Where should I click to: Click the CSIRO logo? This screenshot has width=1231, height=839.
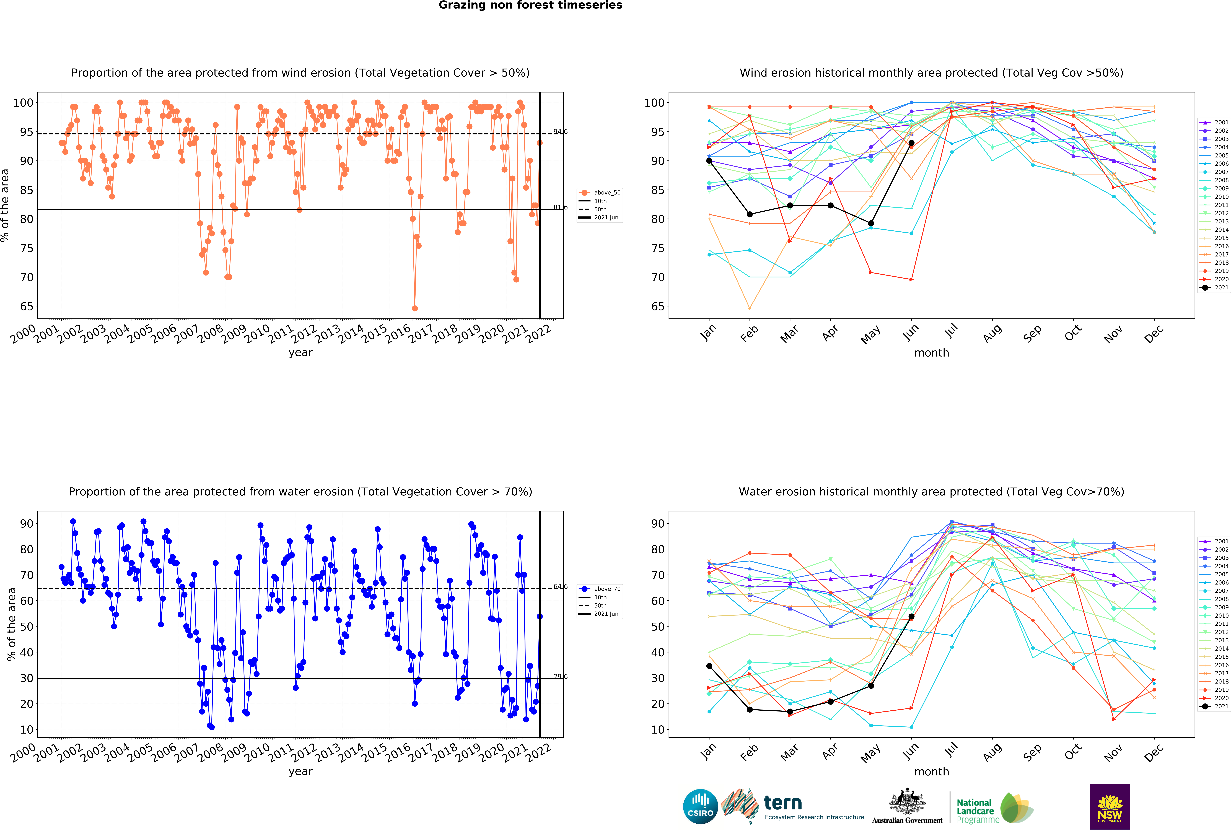(700, 807)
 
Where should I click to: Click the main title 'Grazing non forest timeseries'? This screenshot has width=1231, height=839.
(530, 5)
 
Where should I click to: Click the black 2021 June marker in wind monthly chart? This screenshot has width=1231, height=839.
(911, 143)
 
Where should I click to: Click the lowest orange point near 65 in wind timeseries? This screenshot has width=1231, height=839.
(415, 308)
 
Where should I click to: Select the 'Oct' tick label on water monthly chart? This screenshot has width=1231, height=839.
(1073, 752)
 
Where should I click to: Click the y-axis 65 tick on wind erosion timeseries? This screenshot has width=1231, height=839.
(27, 307)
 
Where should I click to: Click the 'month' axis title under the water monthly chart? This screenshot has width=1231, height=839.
(931, 771)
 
